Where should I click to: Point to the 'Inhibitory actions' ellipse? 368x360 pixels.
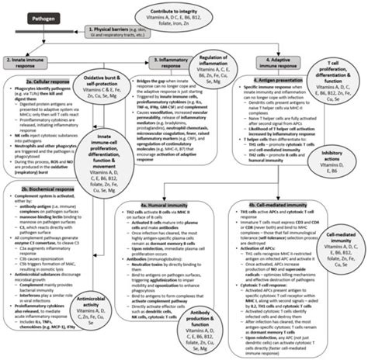tap(342, 157)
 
